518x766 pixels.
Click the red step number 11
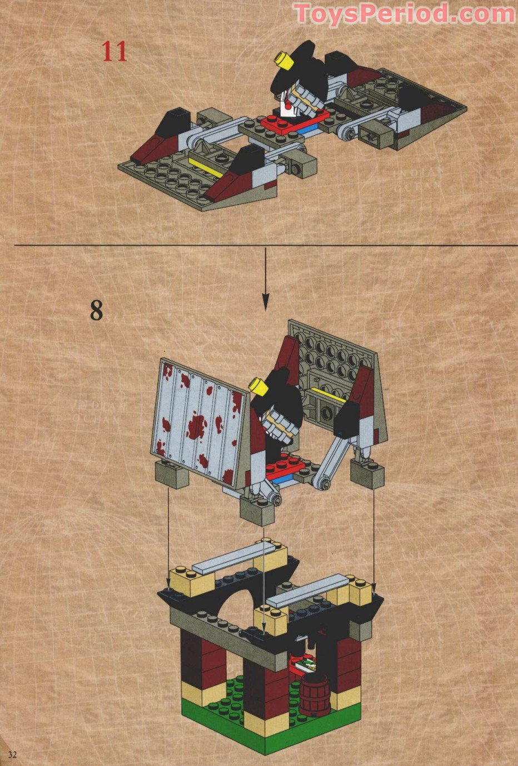(114, 51)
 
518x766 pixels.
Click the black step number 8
(97, 310)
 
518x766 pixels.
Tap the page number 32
(12, 754)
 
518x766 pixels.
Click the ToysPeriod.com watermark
(404, 13)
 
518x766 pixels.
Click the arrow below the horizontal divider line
(265, 278)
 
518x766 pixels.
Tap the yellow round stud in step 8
(258, 385)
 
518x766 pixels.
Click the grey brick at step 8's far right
(367, 475)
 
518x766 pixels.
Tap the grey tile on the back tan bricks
(234, 558)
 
